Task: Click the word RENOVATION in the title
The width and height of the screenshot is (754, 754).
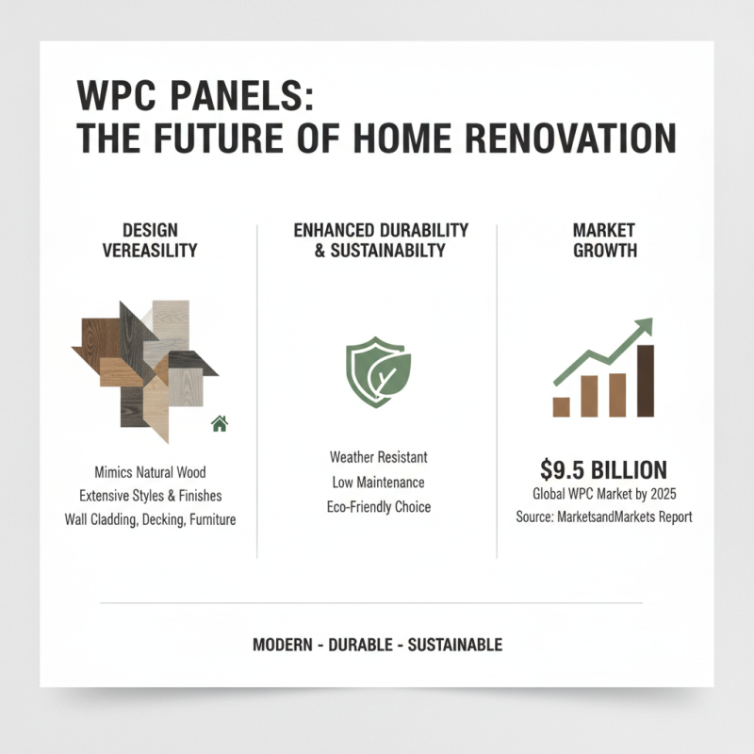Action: pos(570,139)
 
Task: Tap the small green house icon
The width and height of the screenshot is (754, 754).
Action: pos(220,423)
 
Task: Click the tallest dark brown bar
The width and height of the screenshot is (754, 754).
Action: pos(646,381)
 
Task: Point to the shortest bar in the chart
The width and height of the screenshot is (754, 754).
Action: pos(561,406)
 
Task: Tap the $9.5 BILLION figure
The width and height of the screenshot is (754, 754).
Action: pos(604,469)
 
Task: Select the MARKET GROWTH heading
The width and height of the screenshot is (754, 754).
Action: pos(604,240)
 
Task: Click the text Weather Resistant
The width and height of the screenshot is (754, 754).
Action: pos(378,457)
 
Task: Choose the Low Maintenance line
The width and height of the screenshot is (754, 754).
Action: pos(378,483)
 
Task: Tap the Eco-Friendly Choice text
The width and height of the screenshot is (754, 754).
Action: pos(378,507)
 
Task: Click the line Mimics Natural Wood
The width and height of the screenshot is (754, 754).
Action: pos(151,470)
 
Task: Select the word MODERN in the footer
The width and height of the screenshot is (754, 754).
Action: pos(283,646)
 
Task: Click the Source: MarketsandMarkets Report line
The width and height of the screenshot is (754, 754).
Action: pos(604,517)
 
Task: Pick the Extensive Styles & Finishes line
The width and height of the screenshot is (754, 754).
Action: pos(151,495)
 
